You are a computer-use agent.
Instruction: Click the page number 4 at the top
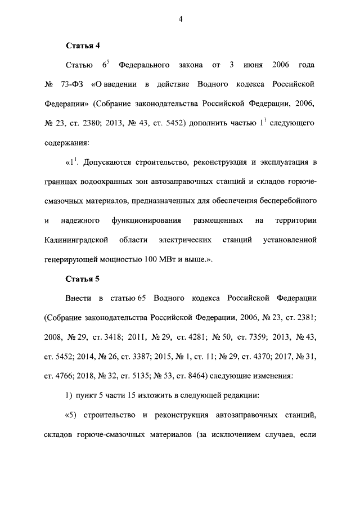(180, 19)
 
